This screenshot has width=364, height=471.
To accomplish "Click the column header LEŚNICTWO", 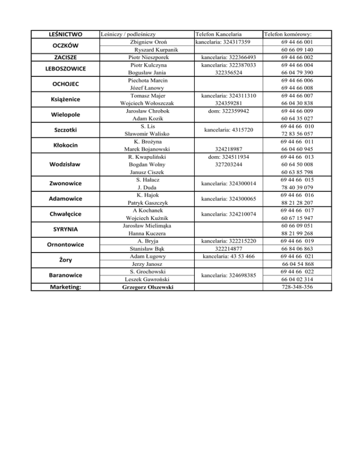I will pos(66,34).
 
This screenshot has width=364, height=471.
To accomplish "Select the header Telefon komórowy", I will pos(291,34).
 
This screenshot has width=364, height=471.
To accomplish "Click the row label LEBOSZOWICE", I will pos(66,69).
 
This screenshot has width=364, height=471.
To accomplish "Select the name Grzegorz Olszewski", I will pos(146,287).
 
